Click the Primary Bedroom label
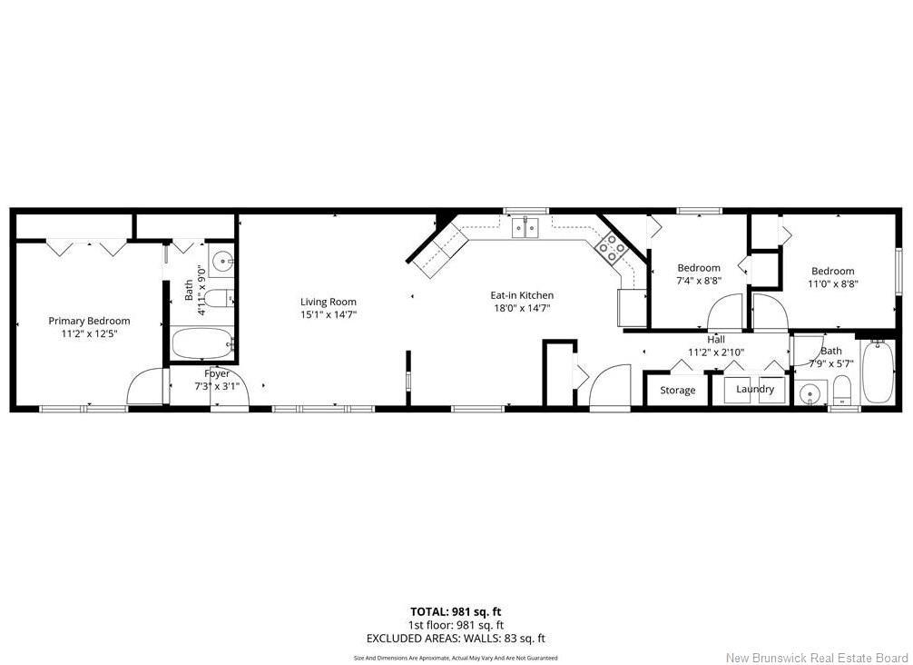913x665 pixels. [x=89, y=321]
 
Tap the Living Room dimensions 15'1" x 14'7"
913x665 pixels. [x=329, y=314]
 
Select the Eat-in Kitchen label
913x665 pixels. [x=522, y=295]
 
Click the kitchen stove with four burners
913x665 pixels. [x=611, y=248]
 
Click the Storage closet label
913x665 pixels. [x=678, y=390]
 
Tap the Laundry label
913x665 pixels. [x=755, y=389]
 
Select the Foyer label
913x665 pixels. [x=217, y=373]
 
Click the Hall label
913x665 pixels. [x=716, y=339]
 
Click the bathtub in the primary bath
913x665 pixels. [x=202, y=344]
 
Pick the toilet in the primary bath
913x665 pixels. [x=221, y=298]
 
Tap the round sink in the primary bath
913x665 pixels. [x=221, y=261]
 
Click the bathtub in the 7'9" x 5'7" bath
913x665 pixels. [x=878, y=372]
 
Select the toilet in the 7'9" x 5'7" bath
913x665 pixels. [x=841, y=390]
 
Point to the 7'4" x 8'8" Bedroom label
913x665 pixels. [x=699, y=267]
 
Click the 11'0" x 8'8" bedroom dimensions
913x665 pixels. [x=833, y=283]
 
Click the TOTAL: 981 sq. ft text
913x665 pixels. [x=456, y=611]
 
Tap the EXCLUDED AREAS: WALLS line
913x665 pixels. [x=456, y=638]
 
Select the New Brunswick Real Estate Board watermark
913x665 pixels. [x=818, y=658]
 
